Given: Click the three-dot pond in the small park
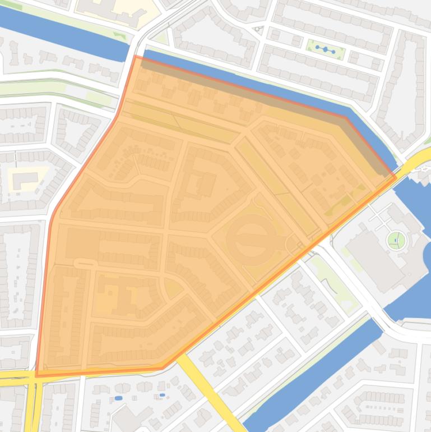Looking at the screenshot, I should pos(325,50).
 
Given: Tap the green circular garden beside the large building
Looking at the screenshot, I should pos(396,241).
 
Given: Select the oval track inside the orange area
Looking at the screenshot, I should pos(251,239).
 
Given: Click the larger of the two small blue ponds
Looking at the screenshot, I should pos(118,398).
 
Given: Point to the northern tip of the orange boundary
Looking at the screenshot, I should pos(136,56).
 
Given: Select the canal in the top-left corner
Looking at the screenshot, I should pos(62,34).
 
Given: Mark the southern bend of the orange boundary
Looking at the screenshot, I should pos(163,368).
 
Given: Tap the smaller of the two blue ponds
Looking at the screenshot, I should pos(162,395).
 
